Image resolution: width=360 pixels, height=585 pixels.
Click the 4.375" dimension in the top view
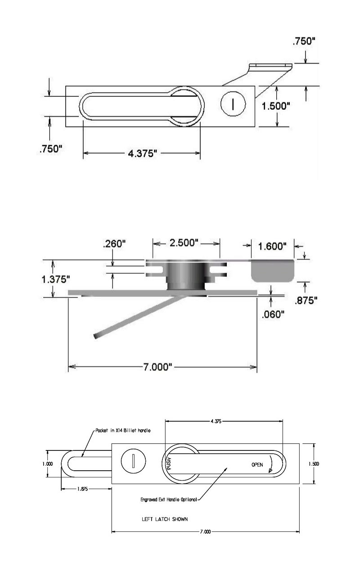pyautogui.click(x=142, y=153)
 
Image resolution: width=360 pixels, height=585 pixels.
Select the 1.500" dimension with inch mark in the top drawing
pyautogui.click(x=276, y=106)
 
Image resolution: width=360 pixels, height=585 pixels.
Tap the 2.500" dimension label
pyautogui.click(x=184, y=243)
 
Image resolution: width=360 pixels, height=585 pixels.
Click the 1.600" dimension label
pyautogui.click(x=272, y=246)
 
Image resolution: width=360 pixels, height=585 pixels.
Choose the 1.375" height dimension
pyautogui.click(x=56, y=279)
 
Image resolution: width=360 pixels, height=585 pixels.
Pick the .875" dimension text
pyautogui.click(x=306, y=301)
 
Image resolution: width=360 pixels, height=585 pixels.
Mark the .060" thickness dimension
pyautogui.click(x=273, y=314)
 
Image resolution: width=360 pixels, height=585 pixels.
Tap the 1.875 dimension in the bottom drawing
pyautogui.click(x=82, y=489)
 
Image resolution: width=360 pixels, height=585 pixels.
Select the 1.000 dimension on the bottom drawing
pyautogui.click(x=48, y=464)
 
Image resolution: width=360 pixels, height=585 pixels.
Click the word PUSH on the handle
pyautogui.click(x=169, y=463)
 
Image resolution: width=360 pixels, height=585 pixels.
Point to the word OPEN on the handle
pyautogui.click(x=257, y=464)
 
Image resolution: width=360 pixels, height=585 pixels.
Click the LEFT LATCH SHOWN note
pyautogui.click(x=165, y=519)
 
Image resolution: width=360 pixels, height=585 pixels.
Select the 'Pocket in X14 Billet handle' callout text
pyautogui.click(x=123, y=430)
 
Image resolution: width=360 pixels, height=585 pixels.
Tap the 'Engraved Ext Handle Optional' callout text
pyautogui.click(x=169, y=499)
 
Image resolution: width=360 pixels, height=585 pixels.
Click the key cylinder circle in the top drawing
pyautogui.click(x=233, y=104)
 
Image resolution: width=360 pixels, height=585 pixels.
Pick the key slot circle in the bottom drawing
pyautogui.click(x=133, y=461)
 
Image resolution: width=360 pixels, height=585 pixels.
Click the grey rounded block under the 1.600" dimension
pyautogui.click(x=273, y=271)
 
